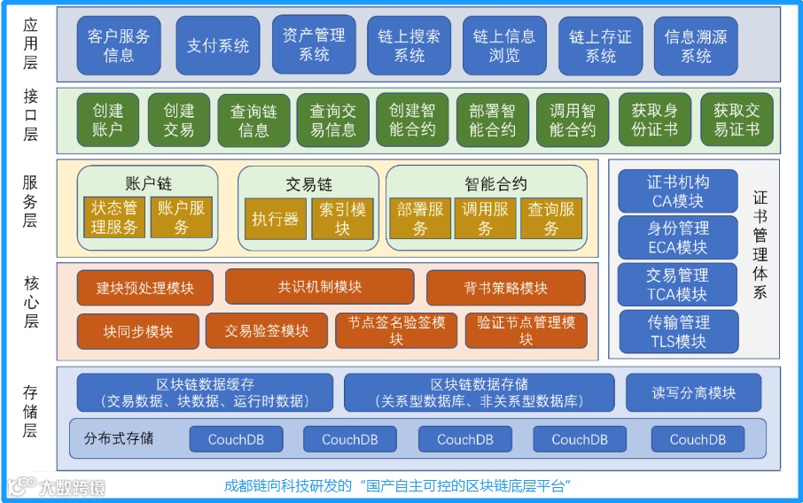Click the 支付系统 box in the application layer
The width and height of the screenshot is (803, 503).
(x=218, y=45)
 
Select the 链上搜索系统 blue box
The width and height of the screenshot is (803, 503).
(x=409, y=45)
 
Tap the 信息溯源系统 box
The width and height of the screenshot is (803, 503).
(x=696, y=45)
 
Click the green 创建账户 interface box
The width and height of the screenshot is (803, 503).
(x=108, y=120)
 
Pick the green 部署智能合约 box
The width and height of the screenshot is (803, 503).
(x=492, y=120)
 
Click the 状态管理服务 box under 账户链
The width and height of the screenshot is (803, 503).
(x=114, y=218)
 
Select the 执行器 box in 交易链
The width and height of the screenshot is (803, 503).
(x=275, y=219)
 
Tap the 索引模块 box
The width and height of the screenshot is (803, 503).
(x=342, y=219)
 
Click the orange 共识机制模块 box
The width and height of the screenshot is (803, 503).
(x=319, y=287)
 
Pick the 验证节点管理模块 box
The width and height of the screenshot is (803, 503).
(x=526, y=331)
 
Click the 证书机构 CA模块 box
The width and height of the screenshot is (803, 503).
(x=678, y=191)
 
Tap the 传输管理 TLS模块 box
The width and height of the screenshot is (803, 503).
(x=678, y=331)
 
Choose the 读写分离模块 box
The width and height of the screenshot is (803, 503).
(x=694, y=392)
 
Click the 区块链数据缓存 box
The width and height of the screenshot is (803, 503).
(x=205, y=392)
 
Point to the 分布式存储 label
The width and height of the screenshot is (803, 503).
(x=119, y=438)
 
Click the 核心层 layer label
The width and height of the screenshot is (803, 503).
(x=31, y=301)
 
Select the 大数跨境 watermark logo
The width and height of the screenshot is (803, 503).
(x=58, y=487)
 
